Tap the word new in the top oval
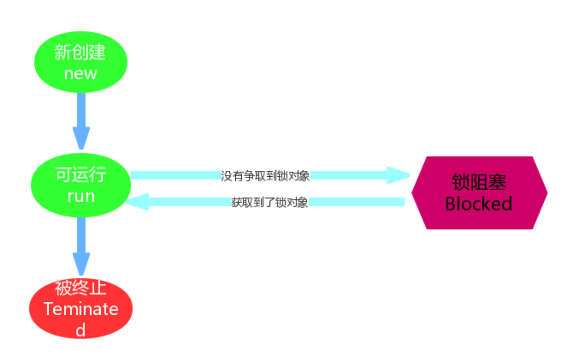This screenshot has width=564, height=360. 80,73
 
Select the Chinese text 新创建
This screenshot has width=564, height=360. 80,52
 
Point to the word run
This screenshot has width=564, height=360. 80,196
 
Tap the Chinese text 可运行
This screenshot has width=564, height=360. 80,175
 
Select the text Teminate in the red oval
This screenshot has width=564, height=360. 80,309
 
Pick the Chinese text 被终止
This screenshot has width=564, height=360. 80,288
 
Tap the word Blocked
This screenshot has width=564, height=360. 479,204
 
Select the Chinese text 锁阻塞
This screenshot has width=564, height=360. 479,182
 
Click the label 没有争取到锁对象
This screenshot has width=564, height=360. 266,176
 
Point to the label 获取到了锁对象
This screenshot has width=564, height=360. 270,202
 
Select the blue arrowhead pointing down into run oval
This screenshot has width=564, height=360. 81,138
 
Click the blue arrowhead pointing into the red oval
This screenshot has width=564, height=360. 81,263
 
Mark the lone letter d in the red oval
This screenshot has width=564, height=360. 80,330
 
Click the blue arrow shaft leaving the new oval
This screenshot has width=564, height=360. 81,109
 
